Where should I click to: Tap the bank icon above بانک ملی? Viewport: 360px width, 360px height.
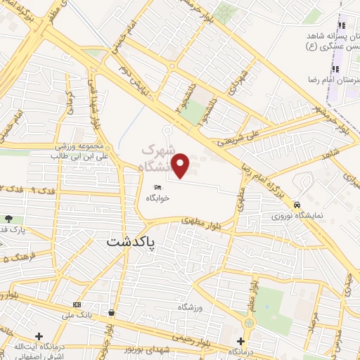[77, 304]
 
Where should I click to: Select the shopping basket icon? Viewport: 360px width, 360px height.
[112, 312]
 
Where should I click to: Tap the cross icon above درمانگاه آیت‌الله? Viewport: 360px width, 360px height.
[39, 336]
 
